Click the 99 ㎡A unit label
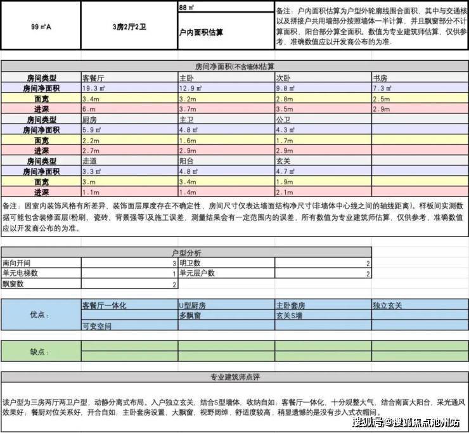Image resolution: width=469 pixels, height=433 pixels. click(41, 27)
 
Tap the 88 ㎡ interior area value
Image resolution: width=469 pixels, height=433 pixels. click(186, 8)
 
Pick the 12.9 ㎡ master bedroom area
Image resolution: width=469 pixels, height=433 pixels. click(190, 89)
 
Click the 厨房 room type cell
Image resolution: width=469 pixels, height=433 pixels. click(89, 119)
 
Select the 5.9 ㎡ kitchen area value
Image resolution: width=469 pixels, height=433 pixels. click(92, 129)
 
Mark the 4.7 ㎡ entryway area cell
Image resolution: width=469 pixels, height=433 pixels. click(285, 171)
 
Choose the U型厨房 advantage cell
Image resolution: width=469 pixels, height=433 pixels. click(193, 305)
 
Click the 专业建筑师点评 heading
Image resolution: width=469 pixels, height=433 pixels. click(234, 377)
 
